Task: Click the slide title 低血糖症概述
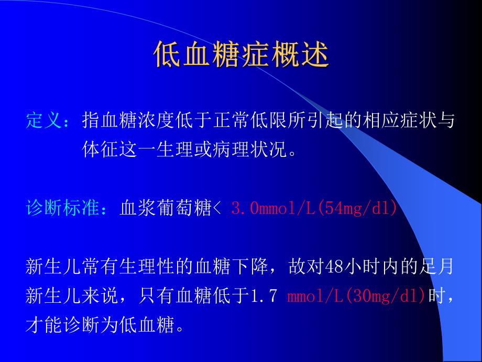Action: pyautogui.click(x=242, y=55)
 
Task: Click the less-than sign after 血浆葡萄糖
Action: pyautogui.click(x=219, y=209)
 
